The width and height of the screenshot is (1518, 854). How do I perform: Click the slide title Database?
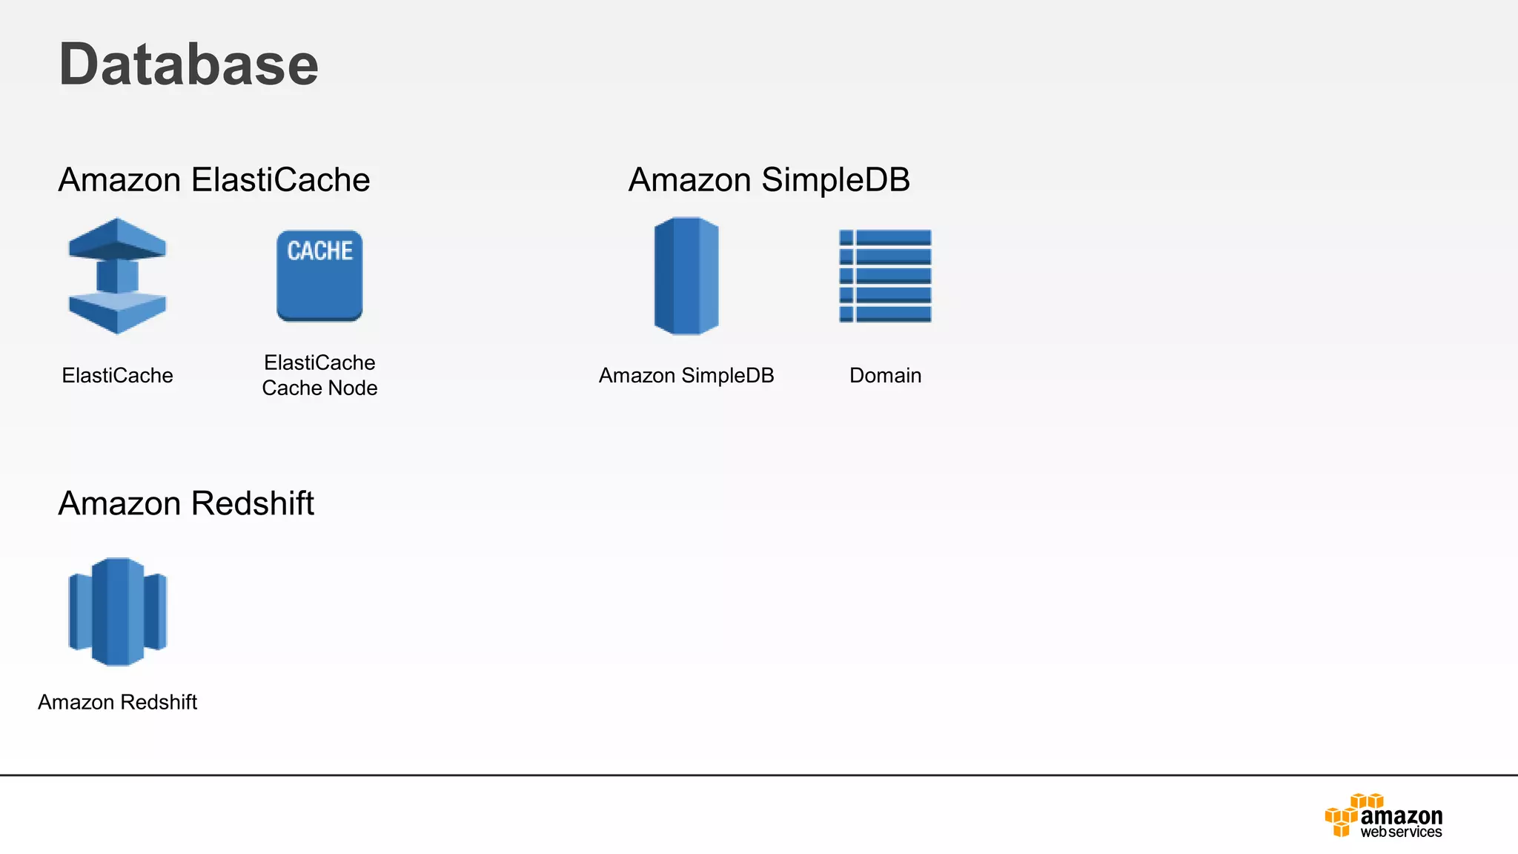(x=188, y=64)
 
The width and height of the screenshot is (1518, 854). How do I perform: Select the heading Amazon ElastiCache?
(x=213, y=180)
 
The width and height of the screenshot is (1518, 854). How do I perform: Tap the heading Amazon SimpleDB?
(x=769, y=180)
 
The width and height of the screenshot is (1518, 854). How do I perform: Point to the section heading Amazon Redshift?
(x=186, y=503)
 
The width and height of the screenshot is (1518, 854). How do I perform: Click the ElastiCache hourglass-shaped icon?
(x=117, y=276)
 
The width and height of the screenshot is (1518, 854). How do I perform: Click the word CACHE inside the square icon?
(x=319, y=251)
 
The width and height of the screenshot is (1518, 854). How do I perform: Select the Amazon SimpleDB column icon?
(x=686, y=276)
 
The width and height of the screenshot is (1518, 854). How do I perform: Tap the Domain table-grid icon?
(x=885, y=276)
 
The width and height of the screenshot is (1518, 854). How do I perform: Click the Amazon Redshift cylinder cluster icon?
(x=117, y=612)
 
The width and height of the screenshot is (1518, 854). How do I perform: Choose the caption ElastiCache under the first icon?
(x=117, y=376)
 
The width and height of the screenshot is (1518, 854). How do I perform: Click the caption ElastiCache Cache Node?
(x=319, y=375)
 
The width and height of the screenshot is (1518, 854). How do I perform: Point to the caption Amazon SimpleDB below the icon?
(x=686, y=376)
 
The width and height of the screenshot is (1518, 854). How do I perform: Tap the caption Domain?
(x=885, y=376)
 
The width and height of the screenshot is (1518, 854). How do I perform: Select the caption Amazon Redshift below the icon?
(x=117, y=702)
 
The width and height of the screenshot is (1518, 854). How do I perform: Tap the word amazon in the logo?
(x=1401, y=815)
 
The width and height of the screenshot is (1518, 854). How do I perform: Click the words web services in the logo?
(x=1401, y=833)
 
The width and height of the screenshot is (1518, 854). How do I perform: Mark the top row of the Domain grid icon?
(x=885, y=237)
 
